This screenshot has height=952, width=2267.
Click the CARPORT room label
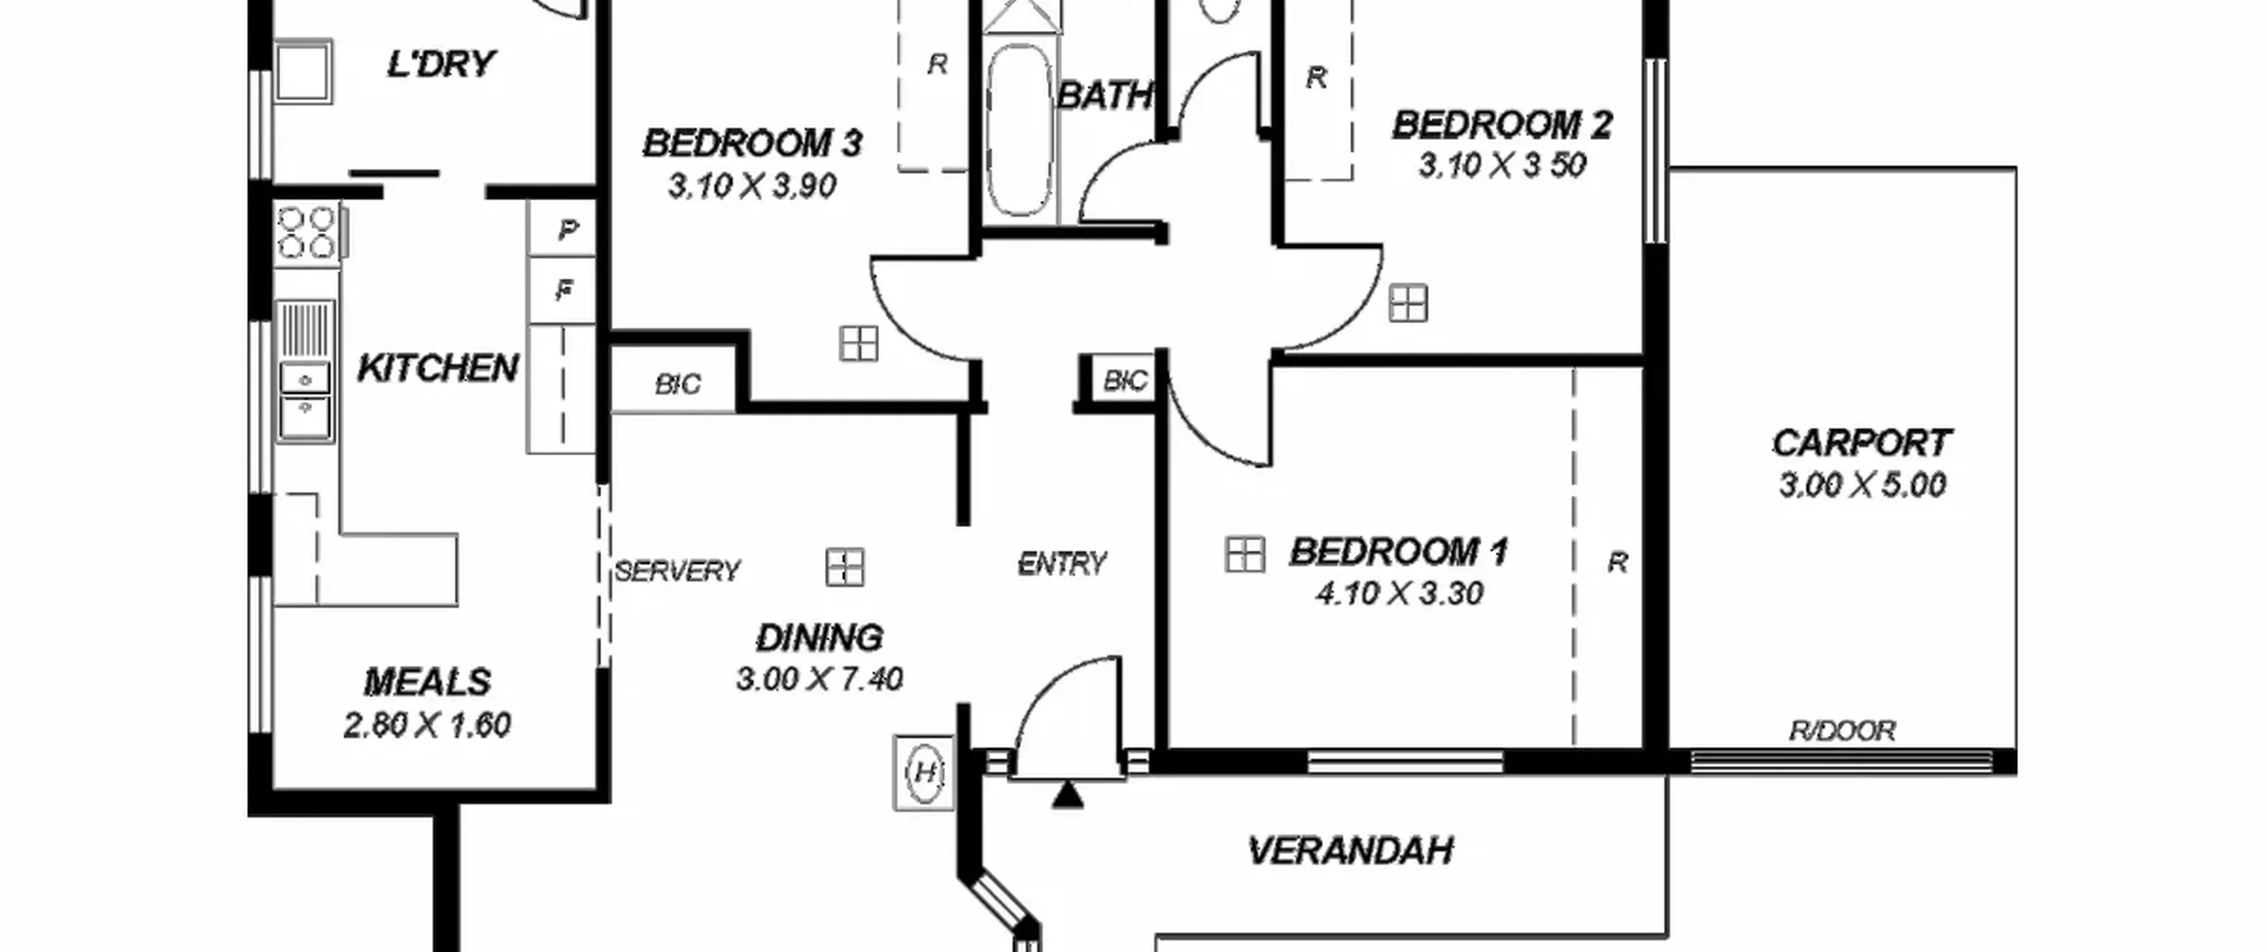click(x=1861, y=443)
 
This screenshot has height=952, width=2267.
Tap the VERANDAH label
click(x=1350, y=851)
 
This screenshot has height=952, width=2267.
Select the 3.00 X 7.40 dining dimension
click(x=819, y=679)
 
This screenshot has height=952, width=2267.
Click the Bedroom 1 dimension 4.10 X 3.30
click(x=1399, y=593)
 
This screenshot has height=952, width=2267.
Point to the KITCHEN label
click(x=437, y=368)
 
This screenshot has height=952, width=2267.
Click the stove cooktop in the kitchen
click(x=306, y=232)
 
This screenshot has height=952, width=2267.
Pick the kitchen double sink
click(x=306, y=401)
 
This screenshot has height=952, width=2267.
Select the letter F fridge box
click(x=561, y=290)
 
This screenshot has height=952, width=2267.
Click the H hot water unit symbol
click(x=924, y=772)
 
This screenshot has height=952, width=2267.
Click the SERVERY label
click(x=677, y=571)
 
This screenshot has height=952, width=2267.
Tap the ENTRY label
click(x=1062, y=564)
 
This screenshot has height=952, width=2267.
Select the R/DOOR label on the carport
click(x=1842, y=731)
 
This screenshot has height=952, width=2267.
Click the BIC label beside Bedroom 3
click(x=677, y=384)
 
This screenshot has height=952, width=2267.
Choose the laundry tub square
click(x=303, y=71)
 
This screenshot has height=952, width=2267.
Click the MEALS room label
click(x=427, y=683)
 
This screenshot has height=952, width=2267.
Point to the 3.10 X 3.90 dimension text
click(x=752, y=186)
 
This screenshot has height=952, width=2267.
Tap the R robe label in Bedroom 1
click(x=1617, y=562)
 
